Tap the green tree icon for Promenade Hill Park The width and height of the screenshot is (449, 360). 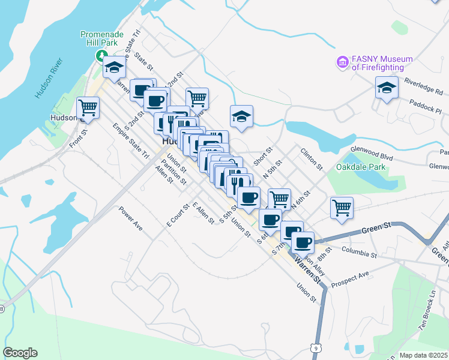100,56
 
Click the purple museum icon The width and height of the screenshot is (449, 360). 343,62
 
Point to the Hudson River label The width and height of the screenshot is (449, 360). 49,79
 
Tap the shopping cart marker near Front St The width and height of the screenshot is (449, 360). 88,107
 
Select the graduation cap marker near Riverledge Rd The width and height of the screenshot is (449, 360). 387,88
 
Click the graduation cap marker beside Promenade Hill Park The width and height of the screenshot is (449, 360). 113,67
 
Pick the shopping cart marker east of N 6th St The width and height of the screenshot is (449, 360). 342,208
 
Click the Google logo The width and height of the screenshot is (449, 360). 20,353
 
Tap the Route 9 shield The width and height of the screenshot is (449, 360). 315,347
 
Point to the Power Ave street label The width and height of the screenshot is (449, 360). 130,219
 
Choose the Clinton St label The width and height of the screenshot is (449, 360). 312,159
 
